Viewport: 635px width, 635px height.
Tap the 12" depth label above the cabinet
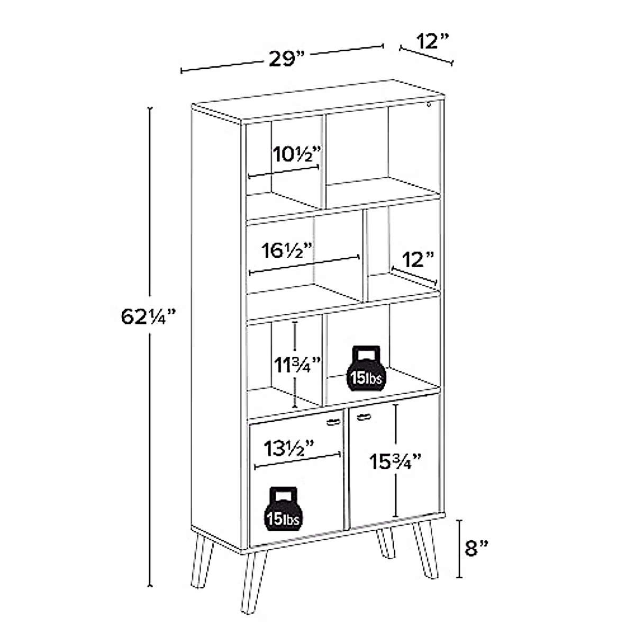pos(432,41)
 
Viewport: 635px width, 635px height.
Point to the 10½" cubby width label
pos(297,156)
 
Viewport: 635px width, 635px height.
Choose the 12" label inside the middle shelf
pos(418,260)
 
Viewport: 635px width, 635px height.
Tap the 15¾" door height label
pos(395,461)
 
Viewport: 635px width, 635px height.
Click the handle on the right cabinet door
pos(362,418)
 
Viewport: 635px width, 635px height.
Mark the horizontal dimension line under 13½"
pos(297,460)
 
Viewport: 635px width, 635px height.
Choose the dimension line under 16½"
pos(304,265)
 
